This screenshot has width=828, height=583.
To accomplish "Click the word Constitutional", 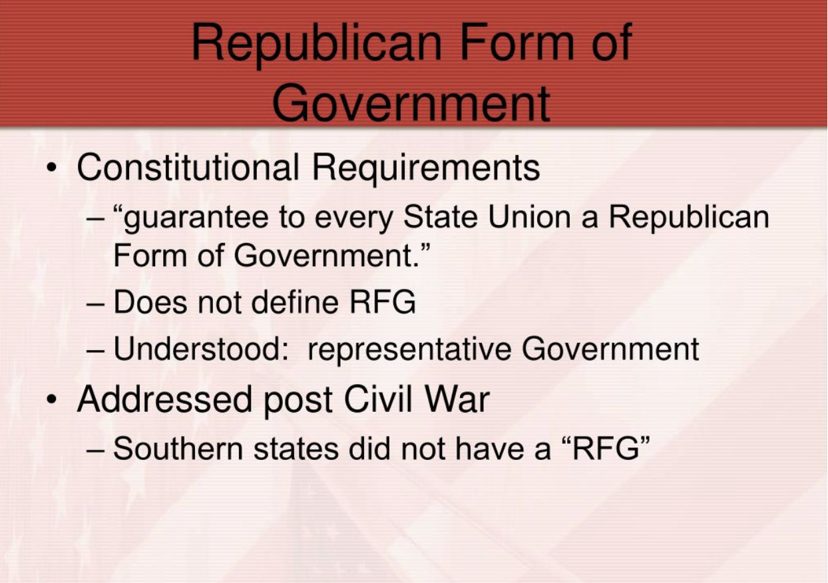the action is (188, 167).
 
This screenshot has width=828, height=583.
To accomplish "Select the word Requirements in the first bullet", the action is (426, 168).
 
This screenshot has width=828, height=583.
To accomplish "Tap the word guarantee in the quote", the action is (196, 218).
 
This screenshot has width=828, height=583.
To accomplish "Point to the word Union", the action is (529, 216).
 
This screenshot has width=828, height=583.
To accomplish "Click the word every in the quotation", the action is (353, 219).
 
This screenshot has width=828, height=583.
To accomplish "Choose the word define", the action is (295, 301).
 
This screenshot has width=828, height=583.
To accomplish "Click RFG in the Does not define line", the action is (383, 301).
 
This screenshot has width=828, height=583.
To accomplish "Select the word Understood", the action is (201, 348).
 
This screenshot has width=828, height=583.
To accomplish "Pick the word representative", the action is (409, 350).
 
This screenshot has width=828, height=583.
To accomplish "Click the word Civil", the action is (378, 399).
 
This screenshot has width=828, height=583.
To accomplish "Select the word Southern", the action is (178, 449).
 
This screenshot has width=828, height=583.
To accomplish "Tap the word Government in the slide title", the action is (411, 102).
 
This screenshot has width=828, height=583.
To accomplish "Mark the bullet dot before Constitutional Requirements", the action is (51, 168).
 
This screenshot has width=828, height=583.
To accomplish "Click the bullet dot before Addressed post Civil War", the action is (51, 399).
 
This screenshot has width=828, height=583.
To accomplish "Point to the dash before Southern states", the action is (95, 451).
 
